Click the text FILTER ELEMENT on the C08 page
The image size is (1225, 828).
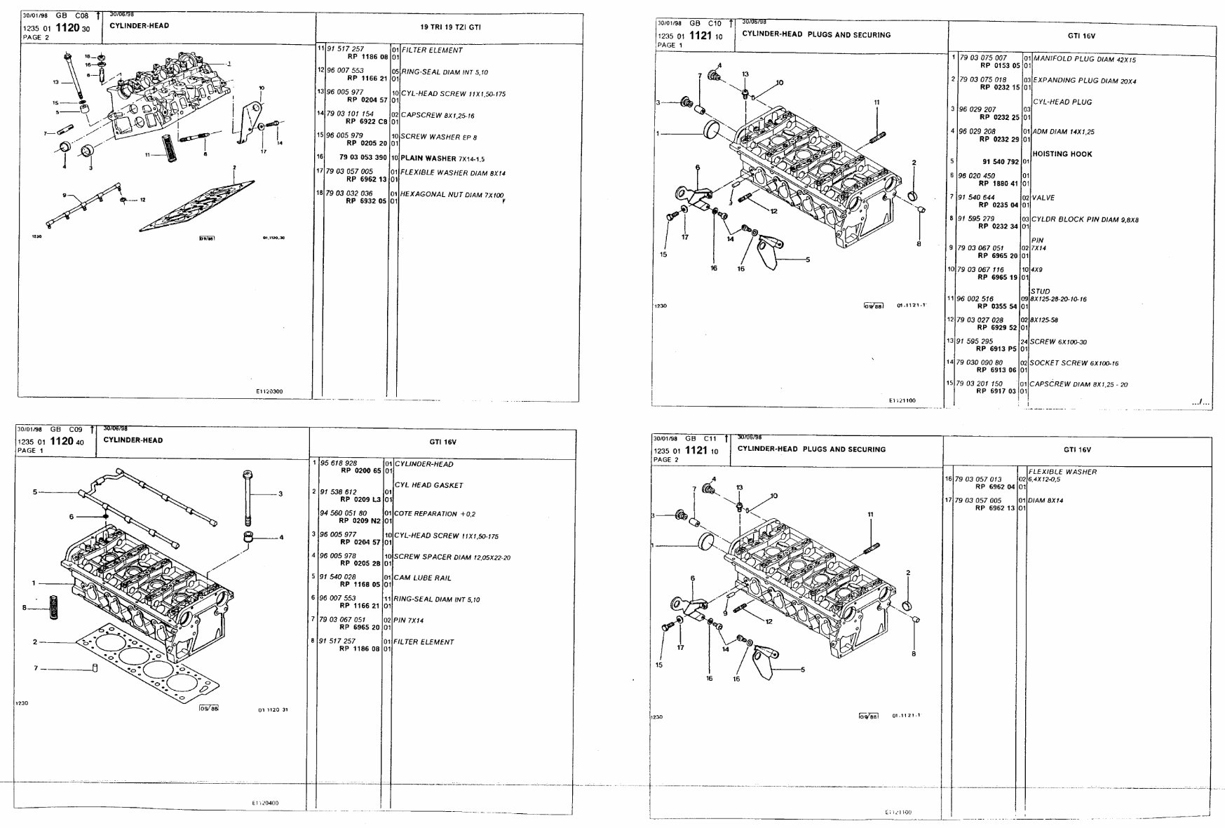(x=432, y=50)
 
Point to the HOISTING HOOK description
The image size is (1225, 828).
(x=1062, y=154)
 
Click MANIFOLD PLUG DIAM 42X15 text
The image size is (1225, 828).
(x=1084, y=60)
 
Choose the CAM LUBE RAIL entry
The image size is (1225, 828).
(x=423, y=578)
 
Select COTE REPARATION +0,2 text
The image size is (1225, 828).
(x=426, y=514)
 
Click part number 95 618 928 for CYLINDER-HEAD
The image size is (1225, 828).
(x=339, y=463)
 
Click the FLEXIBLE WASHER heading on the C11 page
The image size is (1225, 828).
(x=1062, y=472)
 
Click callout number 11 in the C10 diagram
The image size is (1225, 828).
(x=877, y=102)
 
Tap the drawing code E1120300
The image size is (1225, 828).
(x=269, y=392)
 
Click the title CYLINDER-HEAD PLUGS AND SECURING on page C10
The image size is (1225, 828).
(x=816, y=34)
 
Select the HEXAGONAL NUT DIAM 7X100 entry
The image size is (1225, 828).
(x=452, y=195)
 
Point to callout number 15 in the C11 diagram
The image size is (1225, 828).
(x=659, y=665)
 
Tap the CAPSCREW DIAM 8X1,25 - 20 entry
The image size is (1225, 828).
(x=1078, y=384)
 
